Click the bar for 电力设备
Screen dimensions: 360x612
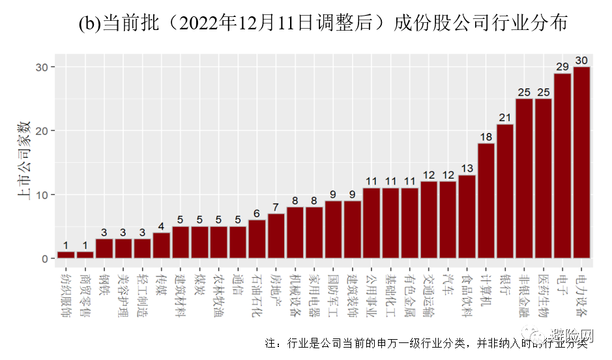(x=581, y=163)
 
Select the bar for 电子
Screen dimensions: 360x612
(x=562, y=166)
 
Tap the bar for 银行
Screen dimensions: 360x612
(x=505, y=192)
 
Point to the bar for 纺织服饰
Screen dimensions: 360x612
(x=66, y=255)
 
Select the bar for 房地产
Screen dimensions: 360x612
(x=276, y=236)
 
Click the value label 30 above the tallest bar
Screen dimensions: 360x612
(x=581, y=60)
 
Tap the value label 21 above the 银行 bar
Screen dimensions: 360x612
(x=505, y=117)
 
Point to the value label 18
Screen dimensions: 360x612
(x=486, y=136)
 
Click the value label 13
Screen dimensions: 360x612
(x=467, y=168)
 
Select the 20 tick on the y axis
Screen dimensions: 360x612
(x=42, y=131)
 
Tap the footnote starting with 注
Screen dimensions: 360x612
(x=427, y=343)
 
